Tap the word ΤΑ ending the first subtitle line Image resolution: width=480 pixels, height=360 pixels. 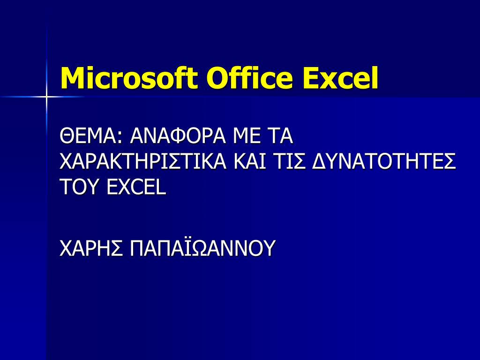278,137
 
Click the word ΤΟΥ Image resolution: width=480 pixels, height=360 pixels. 80,187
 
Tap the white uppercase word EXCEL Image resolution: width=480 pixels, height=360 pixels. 136,187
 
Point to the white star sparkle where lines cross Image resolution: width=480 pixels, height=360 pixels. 46,97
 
